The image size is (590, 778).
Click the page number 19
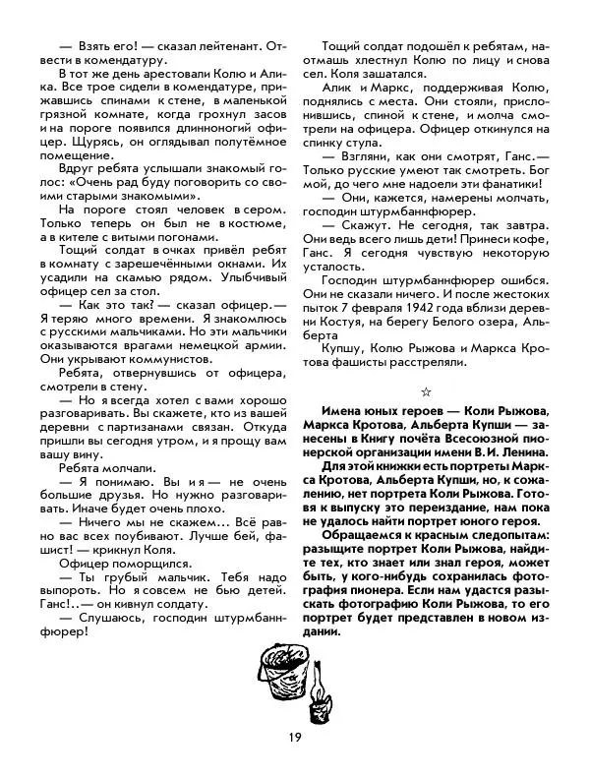(294, 739)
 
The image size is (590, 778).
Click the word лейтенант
(188, 45)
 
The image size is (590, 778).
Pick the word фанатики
(514, 183)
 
